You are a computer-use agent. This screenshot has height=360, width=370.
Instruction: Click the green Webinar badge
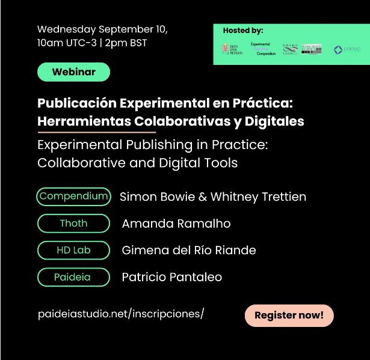point(74,72)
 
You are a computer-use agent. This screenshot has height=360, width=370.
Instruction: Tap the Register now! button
point(289,315)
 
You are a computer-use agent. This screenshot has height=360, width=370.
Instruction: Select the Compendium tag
point(73,196)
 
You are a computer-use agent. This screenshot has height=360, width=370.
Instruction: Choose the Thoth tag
point(73,224)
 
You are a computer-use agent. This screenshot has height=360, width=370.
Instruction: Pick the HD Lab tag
point(73,250)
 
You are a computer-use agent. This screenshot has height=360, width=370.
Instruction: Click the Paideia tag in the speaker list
point(73,277)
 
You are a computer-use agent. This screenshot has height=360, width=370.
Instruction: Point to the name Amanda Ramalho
point(176,224)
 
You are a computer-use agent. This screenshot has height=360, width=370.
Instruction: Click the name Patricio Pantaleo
point(172,277)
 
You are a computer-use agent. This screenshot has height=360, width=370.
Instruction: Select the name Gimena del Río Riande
point(189,250)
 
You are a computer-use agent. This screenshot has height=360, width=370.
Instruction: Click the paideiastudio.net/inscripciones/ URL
point(121,314)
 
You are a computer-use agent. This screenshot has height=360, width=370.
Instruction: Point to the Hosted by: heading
point(243,31)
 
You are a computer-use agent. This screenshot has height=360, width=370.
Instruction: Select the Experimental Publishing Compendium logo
point(262,49)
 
